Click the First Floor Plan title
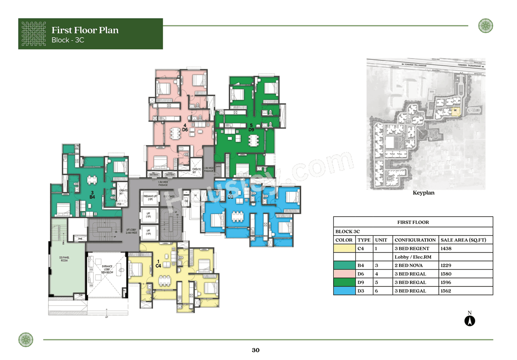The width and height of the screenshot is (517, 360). pyautogui.click(x=85, y=30)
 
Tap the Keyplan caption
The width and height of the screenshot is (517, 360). pyautogui.click(x=423, y=193)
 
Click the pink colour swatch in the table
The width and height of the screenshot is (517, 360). pyautogui.click(x=344, y=274)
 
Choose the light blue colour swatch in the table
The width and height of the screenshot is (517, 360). pyautogui.click(x=344, y=291)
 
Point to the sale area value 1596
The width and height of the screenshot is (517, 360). pyautogui.click(x=446, y=282)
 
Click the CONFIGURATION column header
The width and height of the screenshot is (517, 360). pyautogui.click(x=415, y=240)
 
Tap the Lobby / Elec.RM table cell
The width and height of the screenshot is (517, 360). pyautogui.click(x=410, y=257)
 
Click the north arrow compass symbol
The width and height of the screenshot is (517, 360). pyautogui.click(x=470, y=321)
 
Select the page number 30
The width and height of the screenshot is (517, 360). pyautogui.click(x=255, y=350)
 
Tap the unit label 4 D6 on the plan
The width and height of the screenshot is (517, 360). pyautogui.click(x=185, y=127)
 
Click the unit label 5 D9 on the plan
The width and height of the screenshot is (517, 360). pyautogui.click(x=251, y=127)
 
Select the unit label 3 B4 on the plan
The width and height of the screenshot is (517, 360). pyautogui.click(x=92, y=195)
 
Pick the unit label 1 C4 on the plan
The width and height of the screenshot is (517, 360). pyautogui.click(x=158, y=263)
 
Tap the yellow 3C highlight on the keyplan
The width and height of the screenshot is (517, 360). pyautogui.click(x=455, y=110)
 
